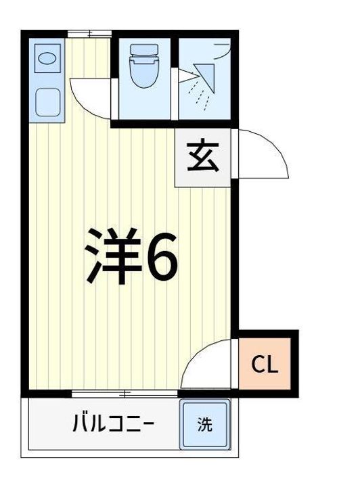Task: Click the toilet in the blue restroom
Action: click(144, 66)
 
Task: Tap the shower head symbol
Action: click(205, 77)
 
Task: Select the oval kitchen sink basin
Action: click(47, 58)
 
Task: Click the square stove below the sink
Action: click(47, 102)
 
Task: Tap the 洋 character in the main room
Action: click(112, 256)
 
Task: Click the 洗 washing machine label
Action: click(205, 424)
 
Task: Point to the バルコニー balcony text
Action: click(113, 423)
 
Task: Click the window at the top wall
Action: click(89, 34)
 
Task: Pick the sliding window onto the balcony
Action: click(125, 394)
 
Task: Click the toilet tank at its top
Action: click(144, 49)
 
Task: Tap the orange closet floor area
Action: click(265, 363)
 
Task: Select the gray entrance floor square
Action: click(202, 158)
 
